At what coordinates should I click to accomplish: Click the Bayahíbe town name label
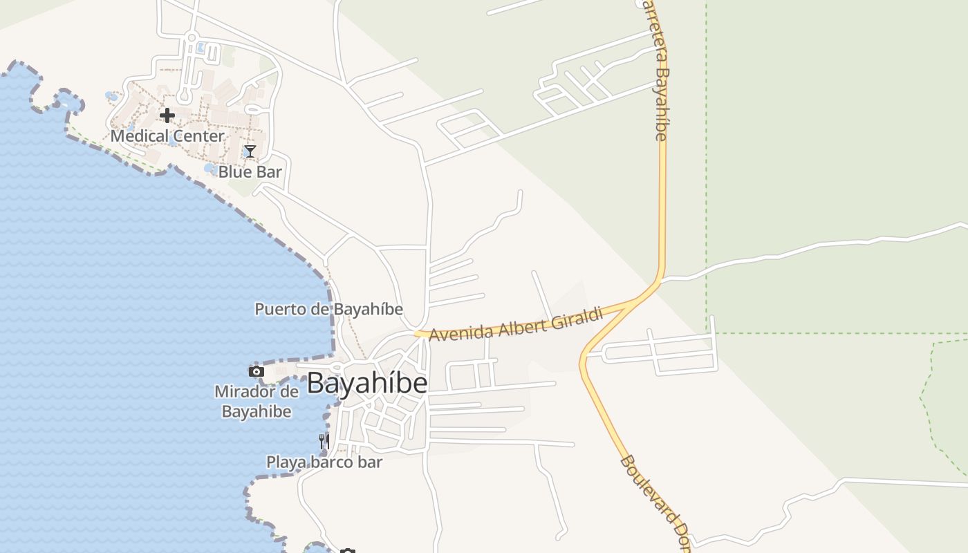[366, 383]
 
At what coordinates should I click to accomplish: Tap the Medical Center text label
[167, 135]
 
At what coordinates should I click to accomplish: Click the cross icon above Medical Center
[167, 115]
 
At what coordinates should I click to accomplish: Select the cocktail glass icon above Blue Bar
[250, 151]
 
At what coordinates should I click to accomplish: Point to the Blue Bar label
[250, 171]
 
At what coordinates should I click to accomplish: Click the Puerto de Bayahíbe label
[328, 309]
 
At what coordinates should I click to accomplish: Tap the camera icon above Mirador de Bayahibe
[257, 371]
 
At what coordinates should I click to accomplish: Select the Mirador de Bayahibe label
[257, 402]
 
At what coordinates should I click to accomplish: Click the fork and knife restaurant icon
[324, 441]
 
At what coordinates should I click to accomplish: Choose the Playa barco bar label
[324, 462]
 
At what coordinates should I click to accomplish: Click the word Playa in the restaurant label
[286, 462]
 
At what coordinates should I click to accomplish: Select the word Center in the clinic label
[198, 135]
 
